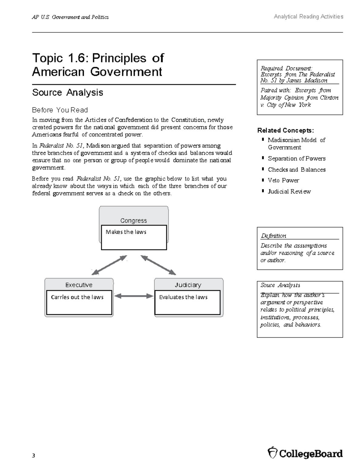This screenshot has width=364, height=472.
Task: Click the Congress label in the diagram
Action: tap(133, 220)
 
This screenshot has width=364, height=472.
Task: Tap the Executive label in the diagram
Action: tap(79, 285)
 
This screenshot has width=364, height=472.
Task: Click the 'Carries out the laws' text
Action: tap(77, 297)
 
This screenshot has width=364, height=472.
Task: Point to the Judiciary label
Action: tap(188, 285)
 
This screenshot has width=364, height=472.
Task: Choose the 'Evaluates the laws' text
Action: tap(183, 297)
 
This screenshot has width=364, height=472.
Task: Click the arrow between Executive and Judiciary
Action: tap(134, 296)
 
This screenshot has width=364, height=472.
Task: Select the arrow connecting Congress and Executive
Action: tap(109, 265)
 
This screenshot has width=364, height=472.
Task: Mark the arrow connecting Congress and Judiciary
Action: tap(158, 265)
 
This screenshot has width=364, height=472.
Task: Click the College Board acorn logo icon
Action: tap(272, 453)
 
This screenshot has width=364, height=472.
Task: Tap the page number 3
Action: tap(33, 455)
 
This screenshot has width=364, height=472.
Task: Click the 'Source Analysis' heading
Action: tap(68, 92)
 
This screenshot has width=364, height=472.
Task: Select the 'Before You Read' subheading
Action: tap(60, 110)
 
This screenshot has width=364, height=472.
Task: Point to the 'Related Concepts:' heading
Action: tap(285, 130)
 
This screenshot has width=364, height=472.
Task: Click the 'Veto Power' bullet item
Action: tap(283, 180)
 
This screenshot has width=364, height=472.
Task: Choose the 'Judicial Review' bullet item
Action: tap(289, 191)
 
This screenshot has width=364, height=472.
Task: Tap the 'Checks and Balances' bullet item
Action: tap(297, 170)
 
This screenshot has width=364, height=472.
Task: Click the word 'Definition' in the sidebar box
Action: tap(273, 236)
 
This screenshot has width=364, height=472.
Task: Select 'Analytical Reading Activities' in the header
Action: tap(308, 17)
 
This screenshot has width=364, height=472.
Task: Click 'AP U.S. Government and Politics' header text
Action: tap(70, 17)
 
